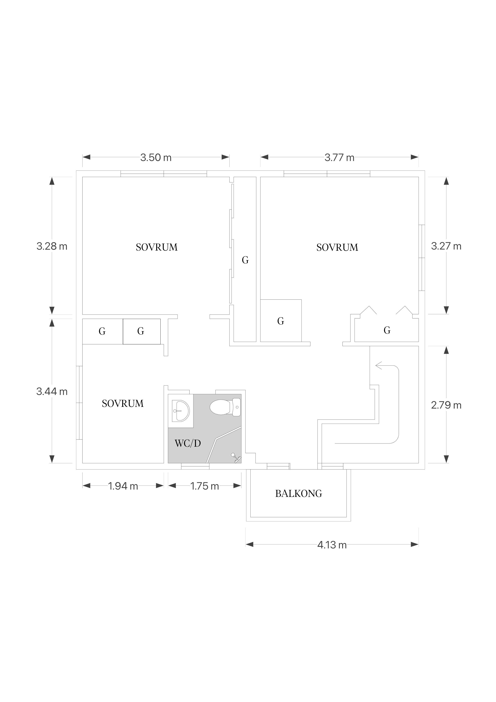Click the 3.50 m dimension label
tap(156, 157)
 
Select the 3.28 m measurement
tap(52, 246)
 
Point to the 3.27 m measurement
tap(446, 246)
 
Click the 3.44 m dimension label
tap(52, 391)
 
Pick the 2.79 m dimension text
tap(446, 405)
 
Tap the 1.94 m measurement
tap(123, 486)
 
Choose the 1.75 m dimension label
tap(205, 486)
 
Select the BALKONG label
tap(299, 493)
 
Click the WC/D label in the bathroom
tap(188, 443)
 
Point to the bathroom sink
tap(181, 411)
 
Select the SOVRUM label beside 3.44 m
tap(123, 404)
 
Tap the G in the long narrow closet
tap(245, 260)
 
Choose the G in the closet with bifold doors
tap(387, 330)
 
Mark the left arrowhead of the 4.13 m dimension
tap(250, 545)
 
